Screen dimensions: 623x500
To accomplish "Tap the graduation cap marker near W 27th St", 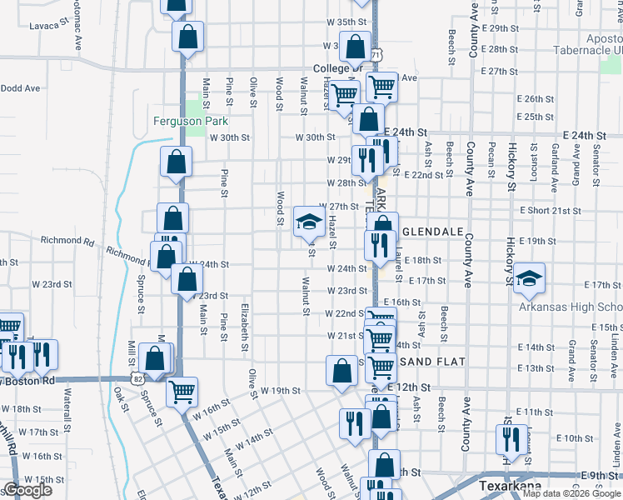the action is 308,221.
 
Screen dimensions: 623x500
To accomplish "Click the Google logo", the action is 27,490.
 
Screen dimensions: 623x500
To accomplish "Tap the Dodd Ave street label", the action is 21,87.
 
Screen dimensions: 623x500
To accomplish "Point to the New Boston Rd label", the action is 30,380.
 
